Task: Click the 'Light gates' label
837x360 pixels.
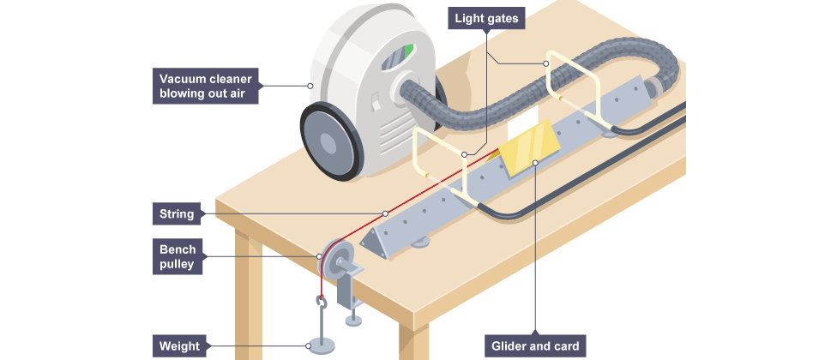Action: pyautogui.click(x=485, y=16)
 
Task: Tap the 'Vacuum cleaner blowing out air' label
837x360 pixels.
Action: pyautogui.click(x=205, y=86)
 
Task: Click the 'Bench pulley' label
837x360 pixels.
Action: pyautogui.click(x=178, y=257)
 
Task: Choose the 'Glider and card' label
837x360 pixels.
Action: pyautogui.click(x=535, y=346)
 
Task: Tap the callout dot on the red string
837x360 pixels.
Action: pyautogui.click(x=386, y=213)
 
